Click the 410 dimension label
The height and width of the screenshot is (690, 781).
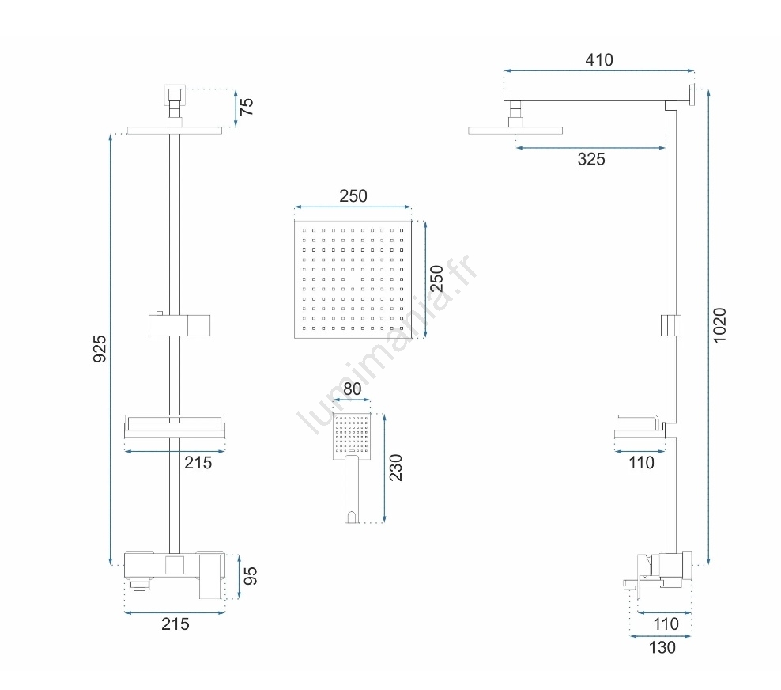coord(598,60)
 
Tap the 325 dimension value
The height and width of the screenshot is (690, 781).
coord(591,159)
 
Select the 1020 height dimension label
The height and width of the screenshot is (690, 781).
coord(719,325)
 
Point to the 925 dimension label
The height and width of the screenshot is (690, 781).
coord(100,349)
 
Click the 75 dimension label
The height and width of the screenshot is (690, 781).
coord(247,107)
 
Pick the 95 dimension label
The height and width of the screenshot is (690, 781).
coord(250,576)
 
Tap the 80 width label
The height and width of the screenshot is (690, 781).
coord(352,389)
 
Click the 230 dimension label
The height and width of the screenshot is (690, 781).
coord(395,468)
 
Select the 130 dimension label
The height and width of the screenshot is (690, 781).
coord(662,647)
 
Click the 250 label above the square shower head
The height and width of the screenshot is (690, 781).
coord(353,196)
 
